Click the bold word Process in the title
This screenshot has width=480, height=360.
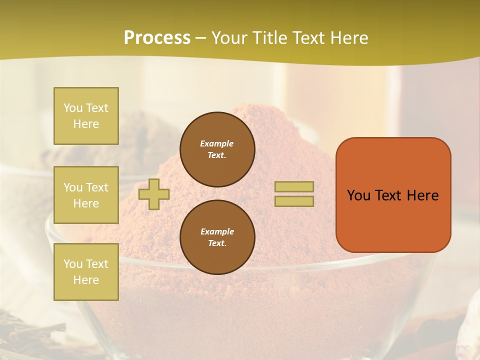157,38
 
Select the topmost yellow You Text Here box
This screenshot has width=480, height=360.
86,116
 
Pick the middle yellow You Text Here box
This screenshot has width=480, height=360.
86,195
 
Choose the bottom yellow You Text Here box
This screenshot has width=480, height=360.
86,272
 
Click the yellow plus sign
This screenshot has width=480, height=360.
154,194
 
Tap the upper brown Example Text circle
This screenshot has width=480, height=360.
217,149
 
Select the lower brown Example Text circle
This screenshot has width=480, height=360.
217,237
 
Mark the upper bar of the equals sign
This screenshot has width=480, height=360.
294,186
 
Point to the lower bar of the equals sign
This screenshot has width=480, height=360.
294,201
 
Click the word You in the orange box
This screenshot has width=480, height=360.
358,195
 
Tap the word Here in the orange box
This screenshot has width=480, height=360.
423,195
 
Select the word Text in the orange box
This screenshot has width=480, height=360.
389,195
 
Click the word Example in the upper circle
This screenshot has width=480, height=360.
217,143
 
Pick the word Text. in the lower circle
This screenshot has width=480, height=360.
217,243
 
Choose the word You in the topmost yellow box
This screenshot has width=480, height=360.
73,108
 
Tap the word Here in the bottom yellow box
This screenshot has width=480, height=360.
86,280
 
